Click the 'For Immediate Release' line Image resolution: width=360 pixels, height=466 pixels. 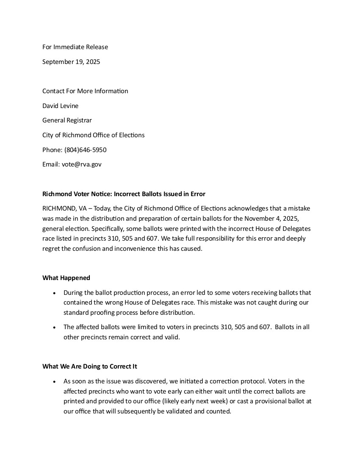pyautogui.click(x=75, y=47)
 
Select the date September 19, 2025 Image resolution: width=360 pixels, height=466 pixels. pyautogui.click(x=71, y=62)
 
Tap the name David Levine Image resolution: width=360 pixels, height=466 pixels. pyautogui.click(x=60, y=106)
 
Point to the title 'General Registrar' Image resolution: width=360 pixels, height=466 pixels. pyautogui.click(x=67, y=120)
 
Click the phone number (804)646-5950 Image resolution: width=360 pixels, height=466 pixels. pyautogui.click(x=85, y=150)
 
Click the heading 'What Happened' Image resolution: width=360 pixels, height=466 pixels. pyautogui.click(x=66, y=278)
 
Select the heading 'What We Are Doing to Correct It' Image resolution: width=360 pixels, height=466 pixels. pyautogui.click(x=89, y=366)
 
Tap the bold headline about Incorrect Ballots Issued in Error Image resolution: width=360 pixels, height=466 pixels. pyautogui.click(x=124, y=194)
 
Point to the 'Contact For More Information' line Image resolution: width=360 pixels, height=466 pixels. pyautogui.click(x=85, y=91)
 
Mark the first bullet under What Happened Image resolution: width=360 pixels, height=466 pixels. pyautogui.click(x=54, y=293)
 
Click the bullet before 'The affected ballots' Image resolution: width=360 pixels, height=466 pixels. pyautogui.click(x=54, y=327)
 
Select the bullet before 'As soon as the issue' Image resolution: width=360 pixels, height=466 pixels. pyautogui.click(x=54, y=382)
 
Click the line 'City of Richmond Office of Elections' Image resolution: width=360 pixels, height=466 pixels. pyautogui.click(x=93, y=135)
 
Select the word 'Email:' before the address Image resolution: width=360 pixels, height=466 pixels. pyautogui.click(x=51, y=164)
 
